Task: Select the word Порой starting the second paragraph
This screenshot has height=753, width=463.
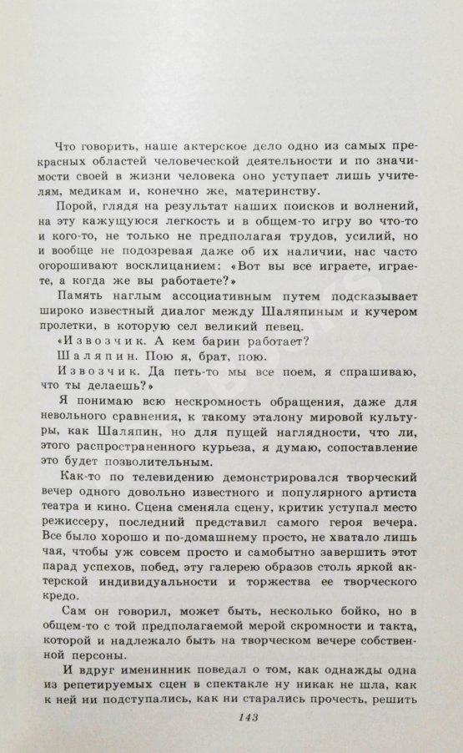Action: click(x=73, y=209)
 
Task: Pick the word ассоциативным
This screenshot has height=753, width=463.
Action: click(x=199, y=298)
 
